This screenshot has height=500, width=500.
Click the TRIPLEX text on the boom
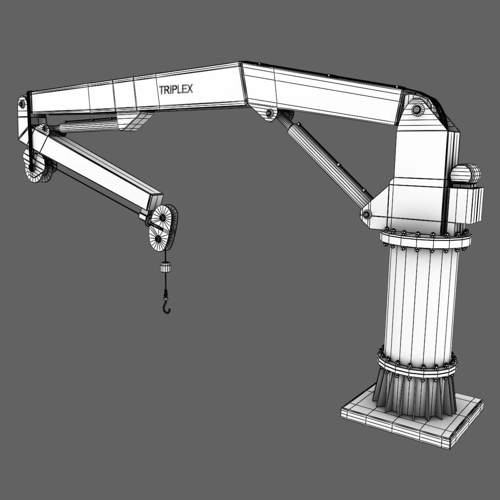176,90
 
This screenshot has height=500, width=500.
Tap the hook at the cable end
167,307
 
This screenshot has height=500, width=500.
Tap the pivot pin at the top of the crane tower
416,110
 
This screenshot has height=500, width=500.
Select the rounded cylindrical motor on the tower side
466,174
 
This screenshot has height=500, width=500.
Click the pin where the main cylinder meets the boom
269,114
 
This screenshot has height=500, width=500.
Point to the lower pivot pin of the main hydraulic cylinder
367,215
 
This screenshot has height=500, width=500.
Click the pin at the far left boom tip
22,103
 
